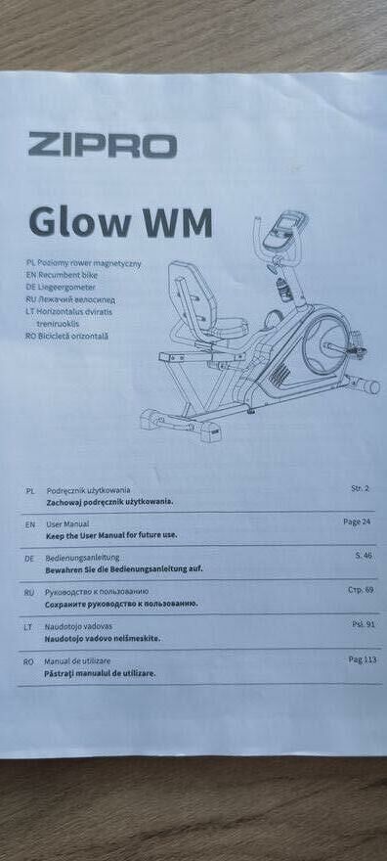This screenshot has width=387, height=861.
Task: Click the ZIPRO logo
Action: tap(102, 145)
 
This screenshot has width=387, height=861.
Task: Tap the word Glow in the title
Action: tap(78, 221)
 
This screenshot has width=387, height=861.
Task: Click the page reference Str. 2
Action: tap(360, 488)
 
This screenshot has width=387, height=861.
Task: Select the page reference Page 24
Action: tap(357, 521)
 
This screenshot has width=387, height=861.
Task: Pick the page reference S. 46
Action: tap(364, 555)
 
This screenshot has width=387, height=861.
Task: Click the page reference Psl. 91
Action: tap(364, 624)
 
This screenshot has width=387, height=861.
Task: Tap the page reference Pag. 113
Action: tap(363, 659)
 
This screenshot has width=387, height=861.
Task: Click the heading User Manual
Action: tap(67, 523)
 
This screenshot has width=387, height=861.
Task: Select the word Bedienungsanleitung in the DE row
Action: tap(82, 558)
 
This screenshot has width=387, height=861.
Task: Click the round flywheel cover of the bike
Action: tap(325, 344)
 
